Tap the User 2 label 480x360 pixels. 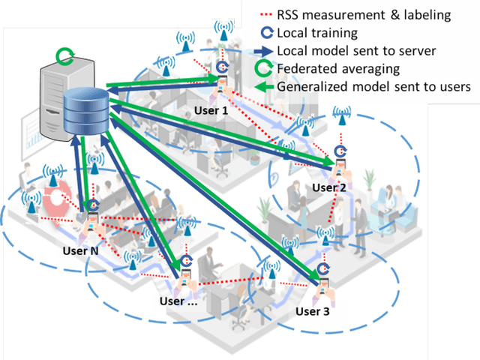click(x=329, y=187)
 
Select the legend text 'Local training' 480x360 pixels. click(x=318, y=34)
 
